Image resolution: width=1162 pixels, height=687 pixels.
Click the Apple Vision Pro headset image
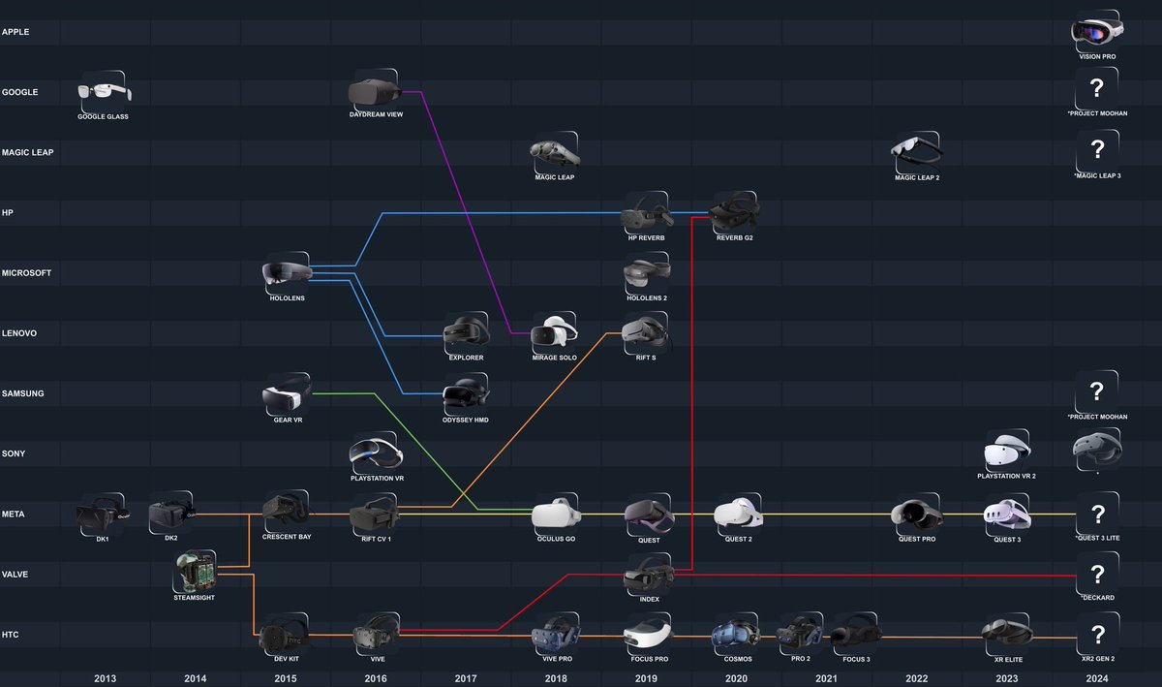click(1097, 31)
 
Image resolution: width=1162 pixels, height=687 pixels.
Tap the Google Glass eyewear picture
click(103, 92)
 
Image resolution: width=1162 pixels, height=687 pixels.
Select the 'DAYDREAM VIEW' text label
click(376, 115)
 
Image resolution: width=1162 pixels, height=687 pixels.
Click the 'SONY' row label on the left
click(15, 453)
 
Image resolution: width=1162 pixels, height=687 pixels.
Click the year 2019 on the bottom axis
click(646, 678)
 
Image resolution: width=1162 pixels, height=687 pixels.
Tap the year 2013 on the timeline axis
click(106, 678)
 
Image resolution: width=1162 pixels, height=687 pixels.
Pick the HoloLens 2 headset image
click(646, 274)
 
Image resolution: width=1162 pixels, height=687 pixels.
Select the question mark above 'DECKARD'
click(1097, 574)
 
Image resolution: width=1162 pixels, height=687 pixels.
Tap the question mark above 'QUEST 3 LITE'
click(1097, 514)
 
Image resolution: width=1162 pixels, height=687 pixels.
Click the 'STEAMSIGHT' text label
click(196, 598)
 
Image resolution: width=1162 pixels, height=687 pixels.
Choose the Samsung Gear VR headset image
click(287, 395)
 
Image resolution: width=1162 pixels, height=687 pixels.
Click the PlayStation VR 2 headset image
click(1006, 452)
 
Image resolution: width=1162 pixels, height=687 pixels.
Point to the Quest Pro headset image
click(915, 514)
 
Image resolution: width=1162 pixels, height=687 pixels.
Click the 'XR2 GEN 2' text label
click(1097, 659)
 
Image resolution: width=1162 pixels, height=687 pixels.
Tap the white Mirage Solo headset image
click(555, 332)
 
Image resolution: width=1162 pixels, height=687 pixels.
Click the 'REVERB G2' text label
click(735, 237)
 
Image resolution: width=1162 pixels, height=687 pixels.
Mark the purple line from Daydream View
click(457, 213)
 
